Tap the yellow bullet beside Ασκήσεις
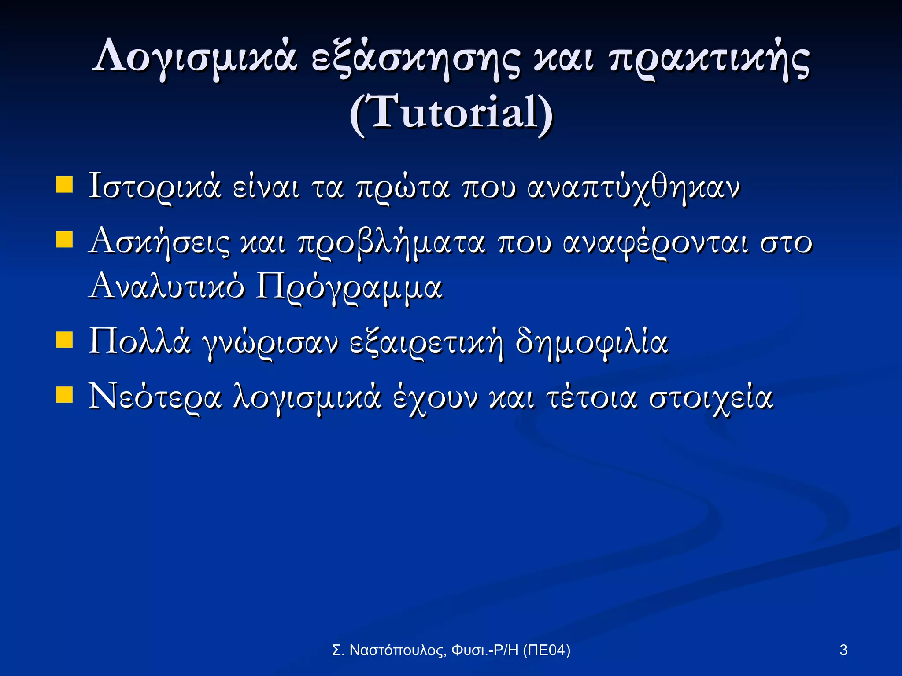tap(64, 240)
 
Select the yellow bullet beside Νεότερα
tap(64, 395)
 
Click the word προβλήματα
tap(392, 243)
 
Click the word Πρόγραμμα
tap(349, 288)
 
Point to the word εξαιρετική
tap(426, 343)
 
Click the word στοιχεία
tap(711, 398)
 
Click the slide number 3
tap(843, 650)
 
